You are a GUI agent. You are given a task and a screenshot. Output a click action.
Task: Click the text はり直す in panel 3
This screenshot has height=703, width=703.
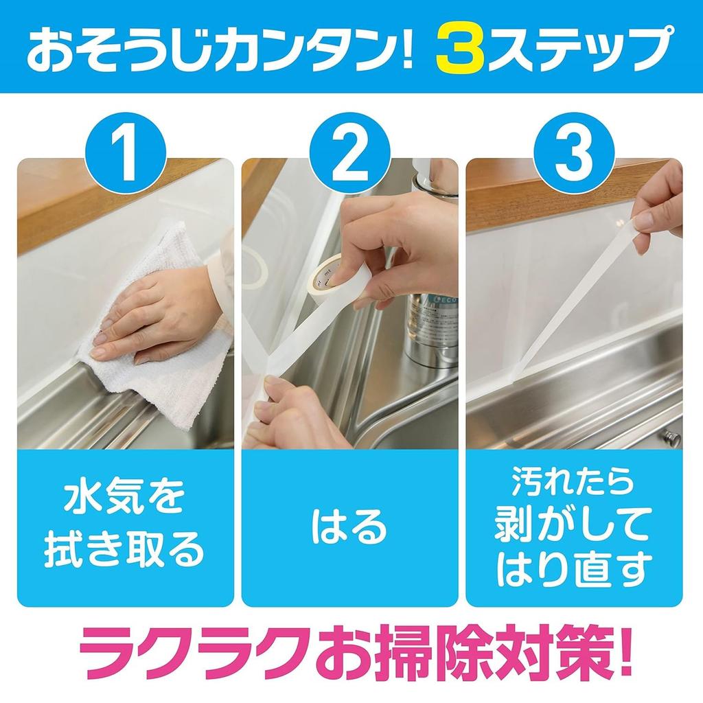(574, 570)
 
